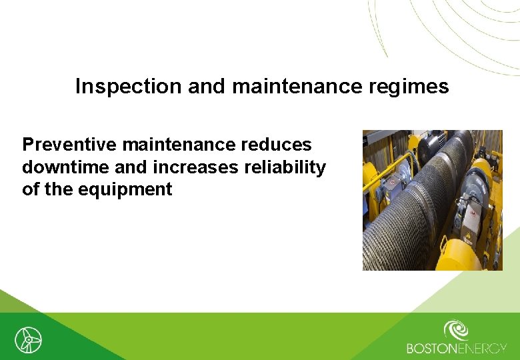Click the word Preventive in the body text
pyautogui.click(x=70, y=145)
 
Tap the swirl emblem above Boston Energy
pyautogui.click(x=456, y=330)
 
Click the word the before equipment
pyautogui.click(x=59, y=189)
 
